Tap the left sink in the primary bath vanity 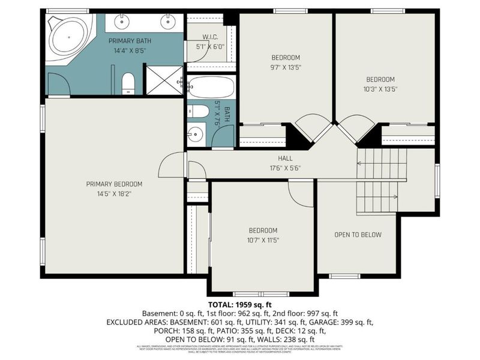click(123, 22)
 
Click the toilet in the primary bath click(128, 83)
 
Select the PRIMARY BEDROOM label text click(114, 184)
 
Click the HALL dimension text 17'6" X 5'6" click(285, 168)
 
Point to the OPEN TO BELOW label click(358, 235)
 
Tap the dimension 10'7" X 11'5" click(263, 240)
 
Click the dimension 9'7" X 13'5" click(286, 68)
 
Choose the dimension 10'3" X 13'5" click(380, 89)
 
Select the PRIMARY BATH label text click(130, 41)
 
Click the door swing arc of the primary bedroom click(173, 163)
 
